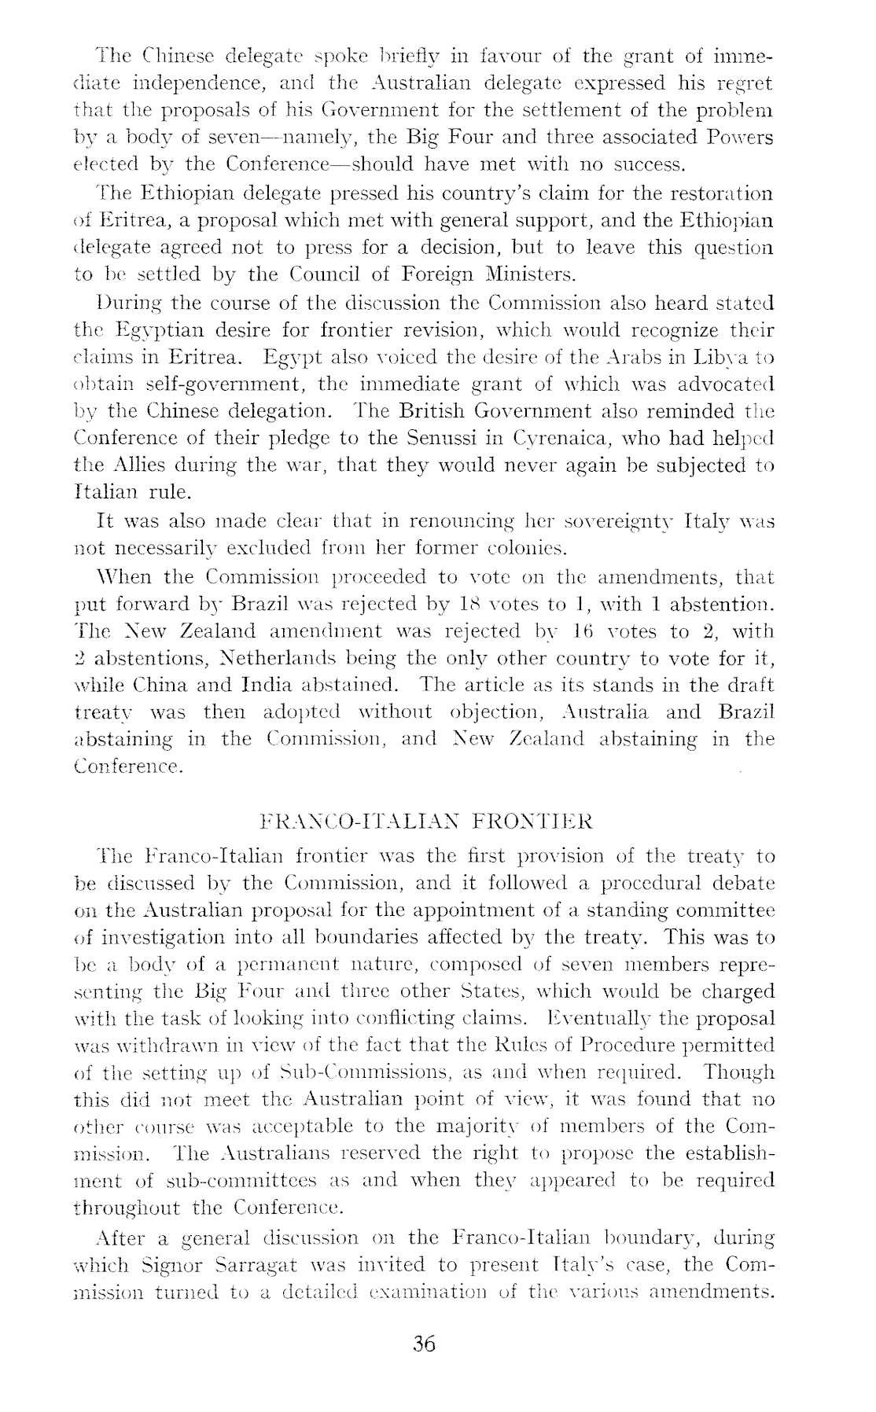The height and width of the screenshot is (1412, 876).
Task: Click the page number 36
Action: (424, 1344)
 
